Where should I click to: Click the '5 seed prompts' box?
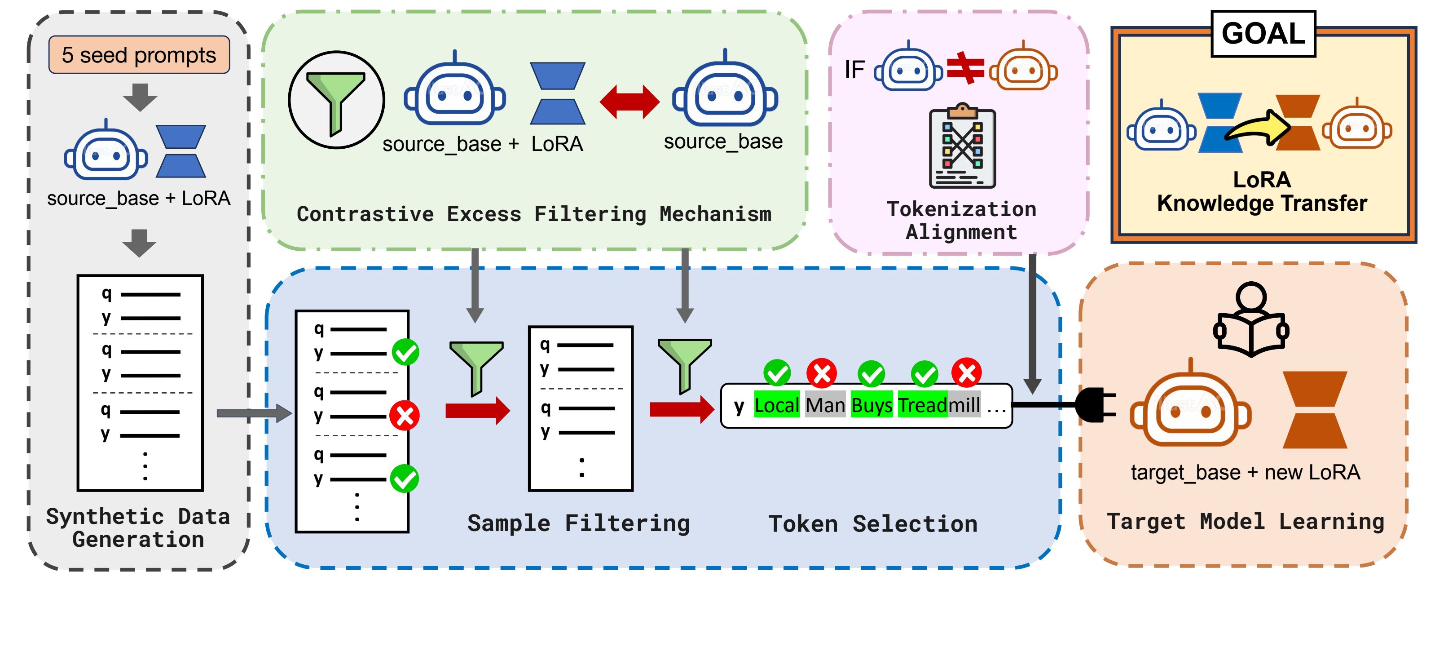click(139, 55)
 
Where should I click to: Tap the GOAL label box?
click(1263, 33)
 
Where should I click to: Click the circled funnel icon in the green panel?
click(336, 100)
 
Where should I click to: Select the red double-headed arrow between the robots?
click(629, 102)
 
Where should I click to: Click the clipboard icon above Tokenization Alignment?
click(962, 146)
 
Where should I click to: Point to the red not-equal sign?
click(965, 68)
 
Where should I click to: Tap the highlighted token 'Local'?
click(777, 405)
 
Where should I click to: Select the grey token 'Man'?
click(825, 405)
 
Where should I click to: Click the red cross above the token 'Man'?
click(822, 373)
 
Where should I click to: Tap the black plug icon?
click(1095, 405)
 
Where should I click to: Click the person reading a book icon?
click(1250, 320)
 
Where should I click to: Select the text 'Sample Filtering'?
click(578, 523)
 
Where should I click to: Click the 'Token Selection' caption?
click(872, 524)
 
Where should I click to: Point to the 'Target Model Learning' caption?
click(1245, 522)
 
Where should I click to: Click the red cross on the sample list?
click(405, 415)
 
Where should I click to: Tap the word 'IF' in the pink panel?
click(854, 70)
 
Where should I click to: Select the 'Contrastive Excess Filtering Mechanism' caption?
click(534, 214)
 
